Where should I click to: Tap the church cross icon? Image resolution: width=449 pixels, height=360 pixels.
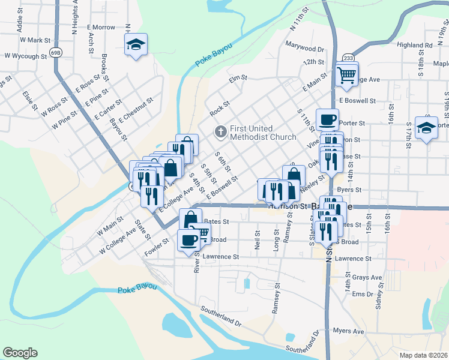[x=220, y=131]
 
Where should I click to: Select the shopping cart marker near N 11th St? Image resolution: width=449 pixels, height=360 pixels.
[x=346, y=75]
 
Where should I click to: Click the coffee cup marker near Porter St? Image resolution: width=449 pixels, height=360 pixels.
[x=327, y=119]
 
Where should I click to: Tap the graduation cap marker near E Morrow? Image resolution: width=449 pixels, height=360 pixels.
[x=136, y=44]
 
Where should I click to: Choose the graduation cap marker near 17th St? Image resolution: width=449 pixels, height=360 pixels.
[x=426, y=127]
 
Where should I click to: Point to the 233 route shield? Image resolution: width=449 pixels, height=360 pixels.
[x=348, y=58]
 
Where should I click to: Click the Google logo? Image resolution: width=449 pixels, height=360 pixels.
[x=20, y=353]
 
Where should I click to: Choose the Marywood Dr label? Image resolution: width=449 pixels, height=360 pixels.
[x=304, y=48]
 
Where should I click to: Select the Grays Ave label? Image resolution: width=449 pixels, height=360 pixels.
[x=367, y=278]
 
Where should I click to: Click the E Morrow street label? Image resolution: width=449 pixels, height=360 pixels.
[x=101, y=28]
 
